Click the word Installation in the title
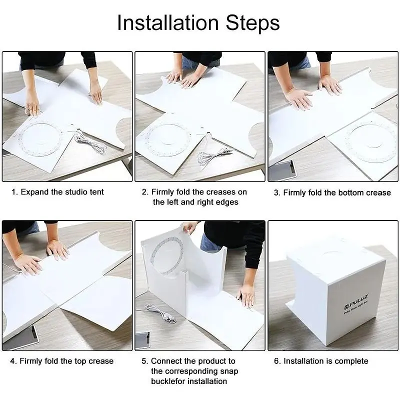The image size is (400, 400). coord(168,23)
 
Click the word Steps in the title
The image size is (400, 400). coord(253,23)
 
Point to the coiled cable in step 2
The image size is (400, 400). coord(214,155)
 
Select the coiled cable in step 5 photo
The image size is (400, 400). coord(160,313)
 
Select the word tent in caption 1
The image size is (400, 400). coord(96,192)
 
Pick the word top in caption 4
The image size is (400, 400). coord(80,361)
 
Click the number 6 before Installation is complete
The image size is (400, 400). coord(276,361)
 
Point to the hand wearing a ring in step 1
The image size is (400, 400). coord(32,105)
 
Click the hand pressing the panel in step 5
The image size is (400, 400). coord(246,295)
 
